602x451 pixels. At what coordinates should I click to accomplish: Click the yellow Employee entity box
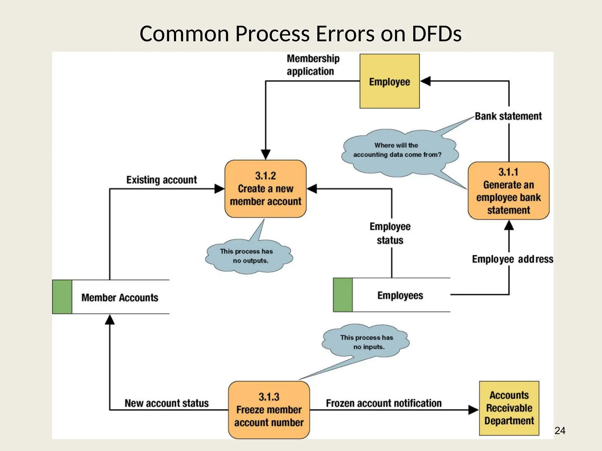(x=389, y=81)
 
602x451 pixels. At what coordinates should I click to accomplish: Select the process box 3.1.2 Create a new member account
(x=265, y=189)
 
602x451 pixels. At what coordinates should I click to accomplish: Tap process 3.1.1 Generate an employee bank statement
(x=509, y=191)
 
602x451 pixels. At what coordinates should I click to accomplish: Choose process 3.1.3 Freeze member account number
(x=269, y=410)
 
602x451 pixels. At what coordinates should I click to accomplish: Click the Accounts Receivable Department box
(x=509, y=408)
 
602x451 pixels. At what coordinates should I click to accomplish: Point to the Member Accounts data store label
(x=120, y=297)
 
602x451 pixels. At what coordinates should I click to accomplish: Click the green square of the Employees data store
(x=343, y=295)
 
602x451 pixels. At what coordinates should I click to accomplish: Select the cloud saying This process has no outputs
(x=248, y=256)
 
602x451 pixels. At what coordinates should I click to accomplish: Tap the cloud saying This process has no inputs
(x=366, y=342)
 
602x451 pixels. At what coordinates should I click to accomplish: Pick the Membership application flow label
(x=313, y=65)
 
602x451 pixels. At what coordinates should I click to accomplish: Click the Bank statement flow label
(x=508, y=116)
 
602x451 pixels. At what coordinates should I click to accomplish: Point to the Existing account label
(x=161, y=180)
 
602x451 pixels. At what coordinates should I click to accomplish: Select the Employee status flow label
(x=390, y=233)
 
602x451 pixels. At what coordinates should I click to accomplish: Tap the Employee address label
(x=512, y=259)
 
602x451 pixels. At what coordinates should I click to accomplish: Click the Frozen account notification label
(x=384, y=403)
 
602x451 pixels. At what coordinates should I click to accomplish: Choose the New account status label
(x=166, y=403)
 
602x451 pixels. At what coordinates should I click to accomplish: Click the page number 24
(x=560, y=431)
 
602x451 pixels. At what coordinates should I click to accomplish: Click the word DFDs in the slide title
(x=436, y=34)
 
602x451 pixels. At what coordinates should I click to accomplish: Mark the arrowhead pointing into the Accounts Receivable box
(x=473, y=410)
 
